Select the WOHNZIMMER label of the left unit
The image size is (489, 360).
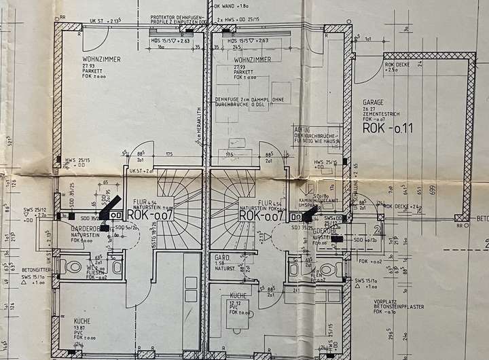[101, 60]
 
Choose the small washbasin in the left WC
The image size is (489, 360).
[117, 266]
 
